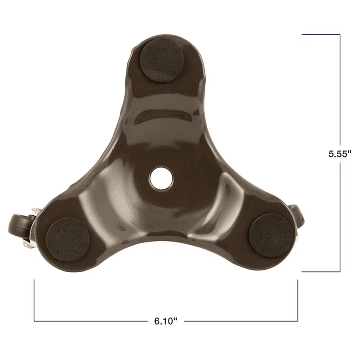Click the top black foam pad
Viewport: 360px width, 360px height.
pyautogui.click(x=161, y=60)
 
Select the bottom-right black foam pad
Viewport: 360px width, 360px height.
pyautogui.click(x=270, y=235)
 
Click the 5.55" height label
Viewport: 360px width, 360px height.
pyautogui.click(x=340, y=153)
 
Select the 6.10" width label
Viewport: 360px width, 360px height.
pyautogui.click(x=166, y=321)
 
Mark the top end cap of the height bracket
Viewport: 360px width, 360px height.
pyautogui.click(x=320, y=34)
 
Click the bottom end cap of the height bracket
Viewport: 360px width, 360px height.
pyautogui.click(x=320, y=272)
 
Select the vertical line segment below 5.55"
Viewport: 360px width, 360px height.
pyautogui.click(x=340, y=216)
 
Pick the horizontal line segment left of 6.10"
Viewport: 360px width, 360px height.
pyautogui.click(x=90, y=321)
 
